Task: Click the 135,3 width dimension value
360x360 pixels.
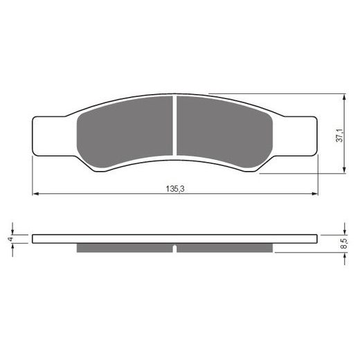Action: point(175,188)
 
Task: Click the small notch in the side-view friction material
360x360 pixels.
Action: point(175,248)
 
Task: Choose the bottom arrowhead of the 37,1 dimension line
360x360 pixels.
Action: point(345,169)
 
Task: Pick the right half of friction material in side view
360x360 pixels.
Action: point(225,248)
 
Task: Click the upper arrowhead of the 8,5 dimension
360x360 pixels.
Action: point(345,231)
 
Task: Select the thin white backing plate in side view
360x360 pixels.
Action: point(175,239)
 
